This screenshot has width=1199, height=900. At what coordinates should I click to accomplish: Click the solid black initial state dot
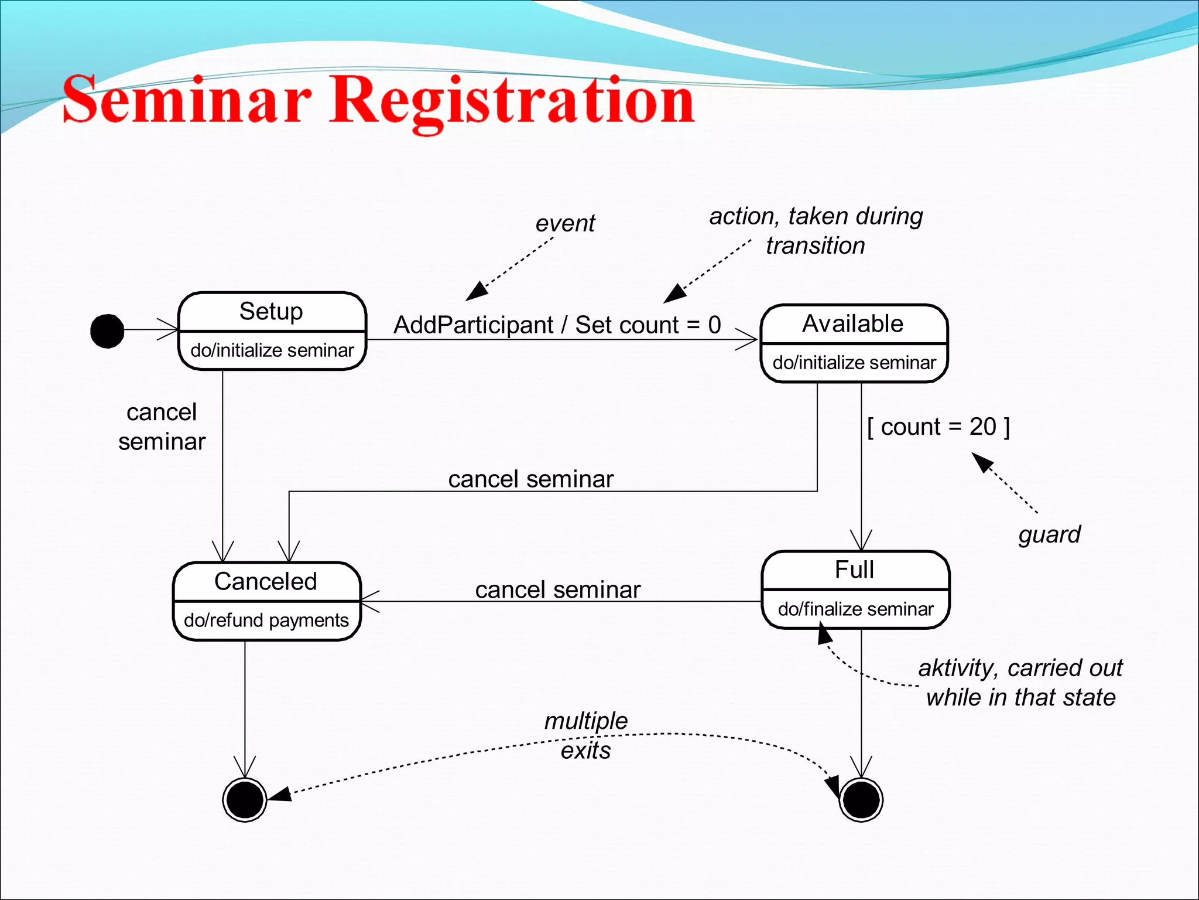(107, 331)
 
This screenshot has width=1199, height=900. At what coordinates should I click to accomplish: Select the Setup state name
(271, 311)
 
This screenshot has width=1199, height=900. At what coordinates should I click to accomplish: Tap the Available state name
(852, 323)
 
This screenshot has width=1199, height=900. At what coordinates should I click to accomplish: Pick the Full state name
(854, 570)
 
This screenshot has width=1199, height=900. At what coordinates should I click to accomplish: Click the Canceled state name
(266, 581)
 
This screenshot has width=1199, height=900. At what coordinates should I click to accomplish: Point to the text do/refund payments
(266, 620)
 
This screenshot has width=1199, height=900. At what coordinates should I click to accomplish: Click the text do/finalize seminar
(855, 609)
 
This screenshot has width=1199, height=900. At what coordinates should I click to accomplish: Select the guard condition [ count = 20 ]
(938, 427)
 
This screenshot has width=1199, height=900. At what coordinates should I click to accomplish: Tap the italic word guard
(1049, 534)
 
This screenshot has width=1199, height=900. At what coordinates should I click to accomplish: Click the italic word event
(565, 223)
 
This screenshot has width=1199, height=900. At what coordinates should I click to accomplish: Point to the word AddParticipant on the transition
(473, 325)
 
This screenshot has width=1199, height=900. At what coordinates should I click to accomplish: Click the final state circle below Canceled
(245, 800)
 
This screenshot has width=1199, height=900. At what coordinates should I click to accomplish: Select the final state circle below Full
(861, 800)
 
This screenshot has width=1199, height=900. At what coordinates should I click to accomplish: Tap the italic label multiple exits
(586, 735)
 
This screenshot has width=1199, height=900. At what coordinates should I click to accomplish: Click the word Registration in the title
(512, 101)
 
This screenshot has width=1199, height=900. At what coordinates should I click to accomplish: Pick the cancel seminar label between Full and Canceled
(557, 589)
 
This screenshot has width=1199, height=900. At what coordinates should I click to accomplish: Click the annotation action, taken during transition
(816, 230)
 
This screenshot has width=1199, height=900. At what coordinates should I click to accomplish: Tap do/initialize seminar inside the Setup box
(272, 350)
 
